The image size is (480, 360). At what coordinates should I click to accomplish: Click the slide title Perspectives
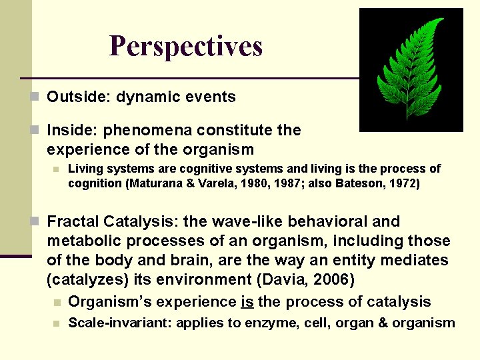tap(186, 47)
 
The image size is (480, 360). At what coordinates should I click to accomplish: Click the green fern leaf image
tap(411, 69)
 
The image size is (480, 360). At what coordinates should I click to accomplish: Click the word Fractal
tap(72, 221)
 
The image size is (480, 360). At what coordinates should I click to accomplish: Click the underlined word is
tap(247, 301)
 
